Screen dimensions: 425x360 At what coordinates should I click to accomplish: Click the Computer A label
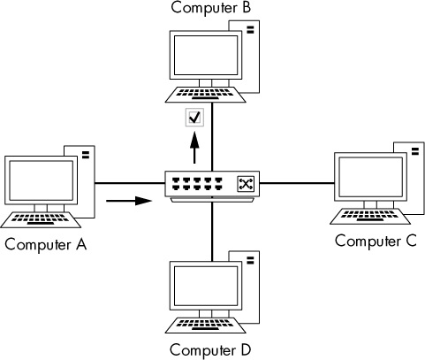(x=46, y=245)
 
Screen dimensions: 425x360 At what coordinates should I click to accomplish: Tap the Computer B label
(x=211, y=8)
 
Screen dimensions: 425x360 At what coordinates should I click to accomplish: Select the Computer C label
(x=376, y=241)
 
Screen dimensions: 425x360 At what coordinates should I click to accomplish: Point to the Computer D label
(x=210, y=350)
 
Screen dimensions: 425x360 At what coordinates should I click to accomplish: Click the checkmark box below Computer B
(x=194, y=118)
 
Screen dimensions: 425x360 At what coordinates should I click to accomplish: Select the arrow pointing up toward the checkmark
(x=194, y=148)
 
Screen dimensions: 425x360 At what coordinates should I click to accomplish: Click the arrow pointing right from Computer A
(x=129, y=201)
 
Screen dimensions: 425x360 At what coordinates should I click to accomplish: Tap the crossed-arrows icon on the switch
(x=246, y=184)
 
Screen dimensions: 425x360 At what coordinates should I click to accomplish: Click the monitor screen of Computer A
(x=42, y=180)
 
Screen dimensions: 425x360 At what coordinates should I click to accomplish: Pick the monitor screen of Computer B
(x=206, y=55)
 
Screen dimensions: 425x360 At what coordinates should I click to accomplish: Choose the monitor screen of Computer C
(x=370, y=177)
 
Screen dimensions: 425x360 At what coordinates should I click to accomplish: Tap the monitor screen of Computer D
(x=206, y=286)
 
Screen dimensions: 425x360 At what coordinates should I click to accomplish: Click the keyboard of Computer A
(x=41, y=219)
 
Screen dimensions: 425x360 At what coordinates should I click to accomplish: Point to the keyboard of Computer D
(x=205, y=326)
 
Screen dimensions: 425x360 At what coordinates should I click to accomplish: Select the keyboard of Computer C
(x=370, y=217)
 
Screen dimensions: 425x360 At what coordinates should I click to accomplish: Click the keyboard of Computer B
(x=205, y=95)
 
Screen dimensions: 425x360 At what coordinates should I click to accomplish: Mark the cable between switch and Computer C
(x=297, y=183)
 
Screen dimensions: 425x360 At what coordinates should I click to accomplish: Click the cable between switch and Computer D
(x=212, y=229)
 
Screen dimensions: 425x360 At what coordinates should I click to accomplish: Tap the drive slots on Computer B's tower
(x=250, y=30)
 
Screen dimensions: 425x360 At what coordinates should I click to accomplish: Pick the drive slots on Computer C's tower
(x=415, y=151)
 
